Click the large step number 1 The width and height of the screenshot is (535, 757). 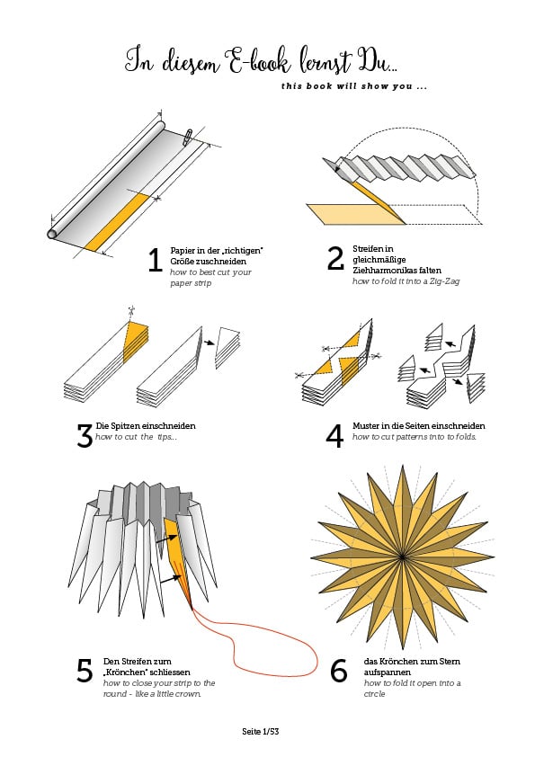[155, 260]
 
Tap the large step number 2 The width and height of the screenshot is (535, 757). [335, 258]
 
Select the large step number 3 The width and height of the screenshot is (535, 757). [85, 435]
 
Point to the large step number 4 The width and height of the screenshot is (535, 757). [334, 435]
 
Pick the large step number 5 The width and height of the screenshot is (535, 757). [85, 671]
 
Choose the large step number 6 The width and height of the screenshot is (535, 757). [338, 671]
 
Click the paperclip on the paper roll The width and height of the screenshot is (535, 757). [187, 138]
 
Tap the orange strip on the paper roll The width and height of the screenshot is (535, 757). [117, 221]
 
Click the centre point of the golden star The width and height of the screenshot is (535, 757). [402, 557]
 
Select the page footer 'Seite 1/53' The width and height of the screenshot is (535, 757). [261, 731]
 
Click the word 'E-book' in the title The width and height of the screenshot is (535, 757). [258, 61]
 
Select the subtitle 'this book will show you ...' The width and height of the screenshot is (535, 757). [354, 86]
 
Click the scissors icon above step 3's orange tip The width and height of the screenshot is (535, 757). [131, 309]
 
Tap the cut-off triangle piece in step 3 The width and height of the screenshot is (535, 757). [227, 348]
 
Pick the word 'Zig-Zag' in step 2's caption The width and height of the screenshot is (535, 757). [444, 281]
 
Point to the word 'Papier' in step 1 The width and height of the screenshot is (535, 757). [182, 251]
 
